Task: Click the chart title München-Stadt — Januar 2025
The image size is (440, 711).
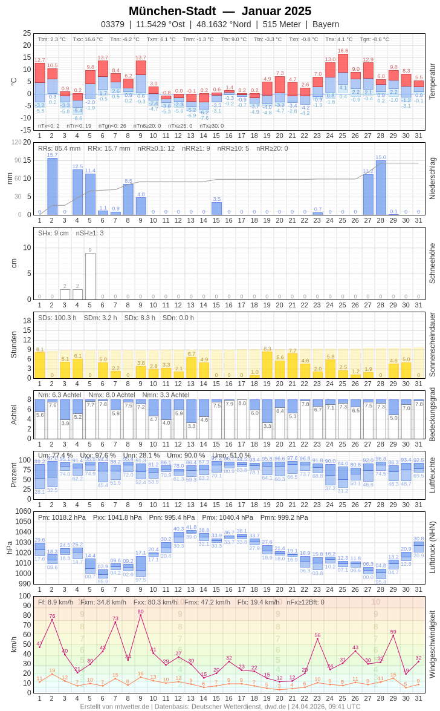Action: [220, 11]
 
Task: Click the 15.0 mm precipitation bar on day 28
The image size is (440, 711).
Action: [381, 187]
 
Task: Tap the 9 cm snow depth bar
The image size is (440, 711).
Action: [90, 276]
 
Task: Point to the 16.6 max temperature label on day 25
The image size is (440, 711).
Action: [343, 51]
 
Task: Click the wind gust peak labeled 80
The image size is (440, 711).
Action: [140, 612]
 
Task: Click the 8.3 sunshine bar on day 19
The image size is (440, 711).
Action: [267, 365]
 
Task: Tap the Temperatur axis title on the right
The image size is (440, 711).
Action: [432, 81]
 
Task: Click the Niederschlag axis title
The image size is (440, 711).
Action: [432, 178]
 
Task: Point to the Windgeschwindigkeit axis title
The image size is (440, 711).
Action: [432, 644]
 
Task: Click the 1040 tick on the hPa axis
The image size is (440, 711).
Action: [24, 532]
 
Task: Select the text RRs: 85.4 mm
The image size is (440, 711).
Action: [59, 148]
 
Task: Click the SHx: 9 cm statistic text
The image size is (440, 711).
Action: [53, 233]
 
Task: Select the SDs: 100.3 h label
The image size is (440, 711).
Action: [57, 318]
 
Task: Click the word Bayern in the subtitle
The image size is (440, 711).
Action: [326, 24]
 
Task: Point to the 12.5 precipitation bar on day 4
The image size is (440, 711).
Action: [77, 192]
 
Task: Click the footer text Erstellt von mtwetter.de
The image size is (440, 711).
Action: [115, 706]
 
